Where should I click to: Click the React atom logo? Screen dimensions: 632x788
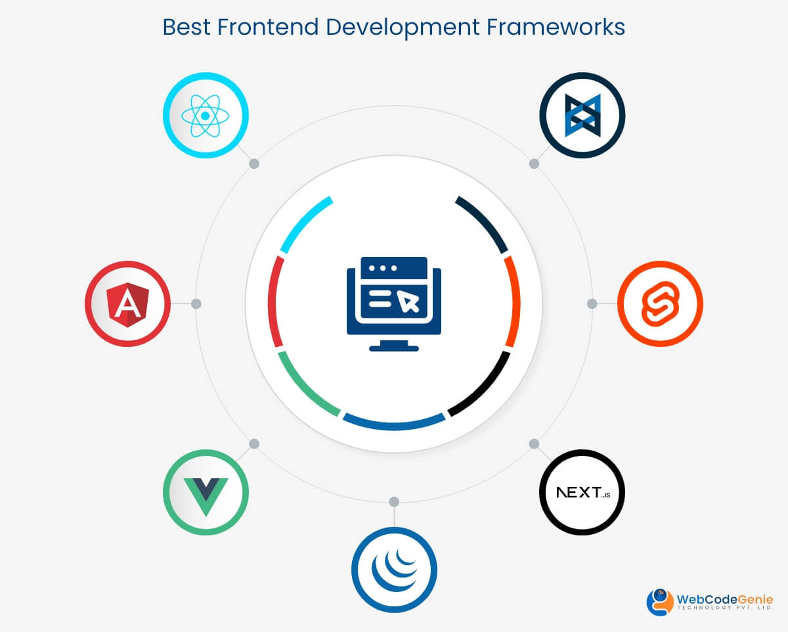coord(206,116)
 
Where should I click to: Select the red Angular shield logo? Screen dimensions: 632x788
coord(127,304)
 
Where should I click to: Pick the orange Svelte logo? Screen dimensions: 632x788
coord(660,304)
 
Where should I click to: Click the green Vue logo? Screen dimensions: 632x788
coord(206,493)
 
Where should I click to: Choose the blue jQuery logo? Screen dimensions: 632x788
coord(394,569)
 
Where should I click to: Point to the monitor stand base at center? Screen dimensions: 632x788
coord(394,348)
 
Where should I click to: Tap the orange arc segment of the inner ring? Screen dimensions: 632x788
coord(512,301)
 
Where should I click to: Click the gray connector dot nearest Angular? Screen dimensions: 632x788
coord(196,304)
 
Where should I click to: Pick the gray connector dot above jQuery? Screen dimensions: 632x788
coord(394,502)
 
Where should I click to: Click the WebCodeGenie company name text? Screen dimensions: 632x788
coord(724,599)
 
